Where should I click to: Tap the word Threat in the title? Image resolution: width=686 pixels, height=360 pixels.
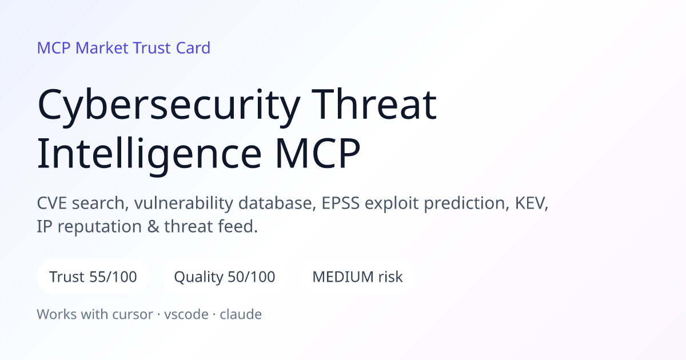click(374, 104)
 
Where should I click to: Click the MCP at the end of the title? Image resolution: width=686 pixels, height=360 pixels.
click(318, 153)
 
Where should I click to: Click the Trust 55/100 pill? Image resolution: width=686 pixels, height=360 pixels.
click(93, 277)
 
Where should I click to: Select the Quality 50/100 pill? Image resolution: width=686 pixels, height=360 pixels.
click(225, 277)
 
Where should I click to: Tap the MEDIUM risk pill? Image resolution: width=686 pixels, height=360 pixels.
click(357, 277)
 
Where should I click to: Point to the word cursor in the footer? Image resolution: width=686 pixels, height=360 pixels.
click(133, 315)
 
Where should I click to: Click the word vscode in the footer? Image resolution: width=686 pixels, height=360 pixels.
click(186, 314)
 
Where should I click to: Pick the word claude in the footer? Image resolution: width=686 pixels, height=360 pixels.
click(241, 314)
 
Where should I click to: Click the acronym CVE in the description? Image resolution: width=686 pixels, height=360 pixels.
click(52, 203)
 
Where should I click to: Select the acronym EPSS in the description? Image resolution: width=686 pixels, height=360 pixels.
click(340, 203)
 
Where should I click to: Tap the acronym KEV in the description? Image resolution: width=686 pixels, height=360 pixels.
click(530, 203)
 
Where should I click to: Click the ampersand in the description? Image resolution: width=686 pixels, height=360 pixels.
click(153, 226)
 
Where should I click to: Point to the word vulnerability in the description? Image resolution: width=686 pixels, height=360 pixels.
click(184, 203)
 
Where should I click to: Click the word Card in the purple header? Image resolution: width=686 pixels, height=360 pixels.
click(193, 48)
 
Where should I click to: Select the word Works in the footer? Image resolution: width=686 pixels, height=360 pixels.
click(57, 314)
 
